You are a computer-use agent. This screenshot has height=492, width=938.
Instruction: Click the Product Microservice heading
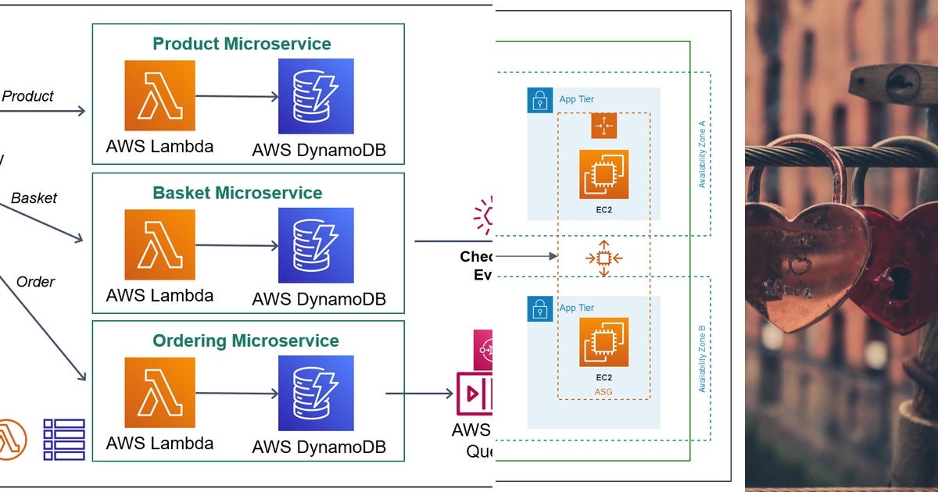pos(242,44)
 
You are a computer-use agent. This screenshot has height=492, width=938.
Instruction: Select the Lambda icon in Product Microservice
pos(159,95)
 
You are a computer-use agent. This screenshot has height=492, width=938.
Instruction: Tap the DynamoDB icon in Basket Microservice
pos(316,244)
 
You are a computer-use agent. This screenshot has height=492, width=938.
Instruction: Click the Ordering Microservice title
pos(245,340)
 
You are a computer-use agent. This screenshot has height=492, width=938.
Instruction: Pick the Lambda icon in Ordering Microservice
pos(159,393)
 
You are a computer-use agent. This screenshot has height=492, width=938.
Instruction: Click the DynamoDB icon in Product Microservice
pos(316,95)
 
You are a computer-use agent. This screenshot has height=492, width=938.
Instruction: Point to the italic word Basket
pos(34,198)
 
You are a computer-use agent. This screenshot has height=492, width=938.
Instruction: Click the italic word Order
pos(35,281)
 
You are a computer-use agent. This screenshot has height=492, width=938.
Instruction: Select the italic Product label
pos(27,96)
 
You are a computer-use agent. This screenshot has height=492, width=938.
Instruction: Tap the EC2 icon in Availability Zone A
pos(603,174)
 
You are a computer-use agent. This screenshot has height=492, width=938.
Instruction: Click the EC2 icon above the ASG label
pos(603,341)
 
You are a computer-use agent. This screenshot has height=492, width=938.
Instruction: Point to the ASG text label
pos(603,391)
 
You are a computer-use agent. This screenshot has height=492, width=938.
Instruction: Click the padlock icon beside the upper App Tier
pos(539,100)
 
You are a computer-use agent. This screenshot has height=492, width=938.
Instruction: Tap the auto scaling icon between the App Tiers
pos(603,257)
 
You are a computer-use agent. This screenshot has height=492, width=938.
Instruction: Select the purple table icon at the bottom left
pos(63,439)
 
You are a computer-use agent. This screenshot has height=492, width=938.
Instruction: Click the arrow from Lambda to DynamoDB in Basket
pos(237,245)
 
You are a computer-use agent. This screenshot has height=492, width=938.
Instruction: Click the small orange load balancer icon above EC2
pos(603,126)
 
